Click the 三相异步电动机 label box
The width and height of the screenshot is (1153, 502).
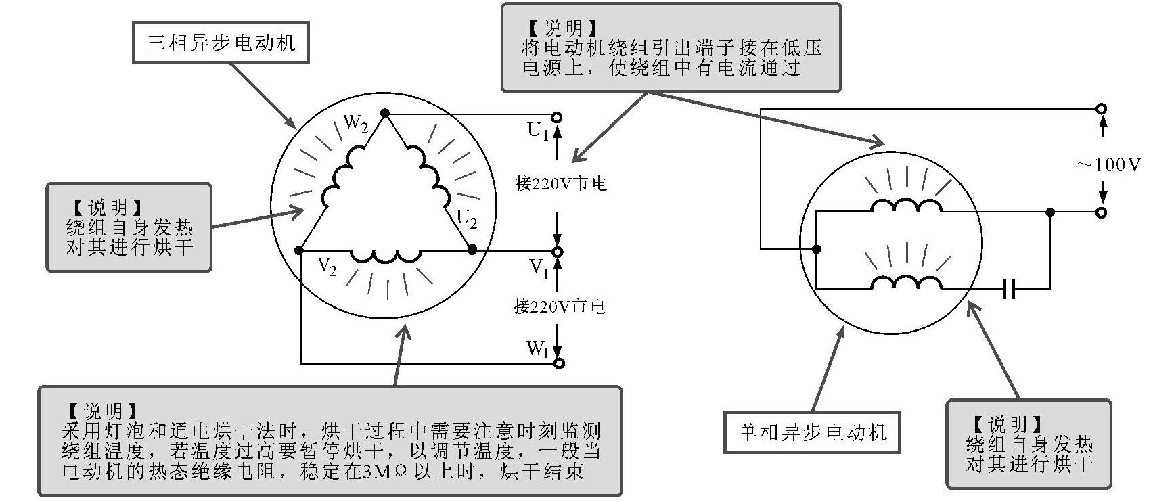[221, 43]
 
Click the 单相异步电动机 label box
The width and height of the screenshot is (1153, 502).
[812, 432]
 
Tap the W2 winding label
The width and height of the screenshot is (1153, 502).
[355, 124]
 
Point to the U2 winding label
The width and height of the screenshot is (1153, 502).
[467, 219]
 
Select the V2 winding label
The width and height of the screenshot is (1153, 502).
[327, 268]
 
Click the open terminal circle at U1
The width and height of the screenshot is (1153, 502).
[558, 117]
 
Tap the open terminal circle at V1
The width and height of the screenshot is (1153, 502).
[558, 252]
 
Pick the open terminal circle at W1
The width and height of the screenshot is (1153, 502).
[559, 363]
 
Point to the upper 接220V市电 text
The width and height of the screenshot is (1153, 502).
[561, 183]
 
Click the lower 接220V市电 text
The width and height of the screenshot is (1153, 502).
[560, 306]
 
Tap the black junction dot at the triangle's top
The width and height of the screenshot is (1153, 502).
[385, 113]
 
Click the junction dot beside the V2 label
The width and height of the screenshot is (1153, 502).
[300, 250]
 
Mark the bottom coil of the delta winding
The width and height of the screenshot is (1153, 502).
[386, 256]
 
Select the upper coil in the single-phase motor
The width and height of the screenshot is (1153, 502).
[906, 206]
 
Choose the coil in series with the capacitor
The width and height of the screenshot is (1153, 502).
[906, 283]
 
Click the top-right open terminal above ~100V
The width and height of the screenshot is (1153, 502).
[1102, 108]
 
